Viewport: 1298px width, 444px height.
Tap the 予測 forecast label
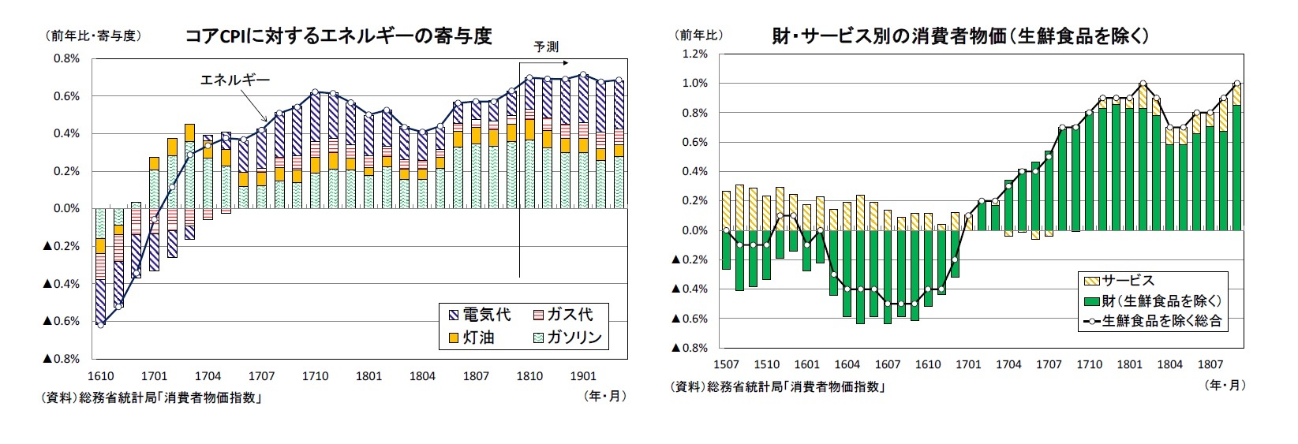point(546,47)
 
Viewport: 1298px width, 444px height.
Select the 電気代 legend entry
point(477,315)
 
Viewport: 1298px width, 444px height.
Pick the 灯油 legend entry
point(470,338)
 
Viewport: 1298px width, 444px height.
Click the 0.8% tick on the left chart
point(65,59)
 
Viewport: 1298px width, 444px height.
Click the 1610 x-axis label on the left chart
point(100,376)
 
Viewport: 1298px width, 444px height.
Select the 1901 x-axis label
point(583,376)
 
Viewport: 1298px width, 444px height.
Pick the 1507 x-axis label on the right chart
point(726,364)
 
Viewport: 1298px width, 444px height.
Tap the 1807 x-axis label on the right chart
point(1210,364)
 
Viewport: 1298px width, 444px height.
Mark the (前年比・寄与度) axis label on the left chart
point(87,35)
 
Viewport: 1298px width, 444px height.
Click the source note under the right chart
point(776,386)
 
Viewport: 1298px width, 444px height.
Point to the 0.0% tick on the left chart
point(65,209)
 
